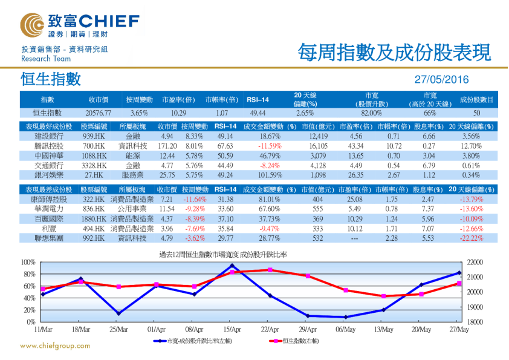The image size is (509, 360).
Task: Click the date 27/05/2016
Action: tap(441, 80)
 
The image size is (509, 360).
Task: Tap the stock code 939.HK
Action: tap(94, 137)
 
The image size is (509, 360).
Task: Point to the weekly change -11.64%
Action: tap(195, 199)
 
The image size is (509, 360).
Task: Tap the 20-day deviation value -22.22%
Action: tap(472, 238)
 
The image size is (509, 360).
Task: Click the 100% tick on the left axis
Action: tap(28, 262)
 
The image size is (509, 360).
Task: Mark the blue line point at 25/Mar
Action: tap(118, 313)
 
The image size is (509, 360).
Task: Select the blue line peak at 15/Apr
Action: tap(232, 266)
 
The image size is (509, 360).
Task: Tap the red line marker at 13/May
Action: tap(383, 296)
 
